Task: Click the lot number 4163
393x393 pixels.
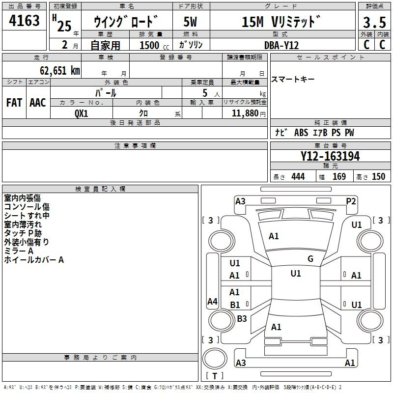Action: [24, 21]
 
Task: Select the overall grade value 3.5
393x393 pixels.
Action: [374, 22]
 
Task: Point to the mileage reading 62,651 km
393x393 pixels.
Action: [60, 70]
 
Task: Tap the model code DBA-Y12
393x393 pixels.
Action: [281, 45]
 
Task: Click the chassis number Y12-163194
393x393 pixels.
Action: [330, 156]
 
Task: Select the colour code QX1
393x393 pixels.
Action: [82, 113]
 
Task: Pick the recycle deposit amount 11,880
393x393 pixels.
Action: [245, 113]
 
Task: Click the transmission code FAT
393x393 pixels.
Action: [14, 103]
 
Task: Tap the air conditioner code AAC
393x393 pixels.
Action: [38, 103]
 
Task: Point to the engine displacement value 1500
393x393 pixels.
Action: [149, 45]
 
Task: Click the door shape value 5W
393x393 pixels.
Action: [190, 22]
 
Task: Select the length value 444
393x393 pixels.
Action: [298, 176]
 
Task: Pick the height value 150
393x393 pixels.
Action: [378, 176]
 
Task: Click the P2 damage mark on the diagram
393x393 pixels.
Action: [351, 201]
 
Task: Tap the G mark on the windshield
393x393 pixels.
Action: [310, 259]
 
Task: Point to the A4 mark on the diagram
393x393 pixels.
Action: [212, 301]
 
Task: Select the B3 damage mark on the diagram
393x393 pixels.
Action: [242, 318]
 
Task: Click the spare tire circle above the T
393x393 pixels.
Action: [215, 359]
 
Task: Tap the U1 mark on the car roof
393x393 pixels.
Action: [296, 273]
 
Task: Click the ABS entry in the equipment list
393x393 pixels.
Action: [301, 133]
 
